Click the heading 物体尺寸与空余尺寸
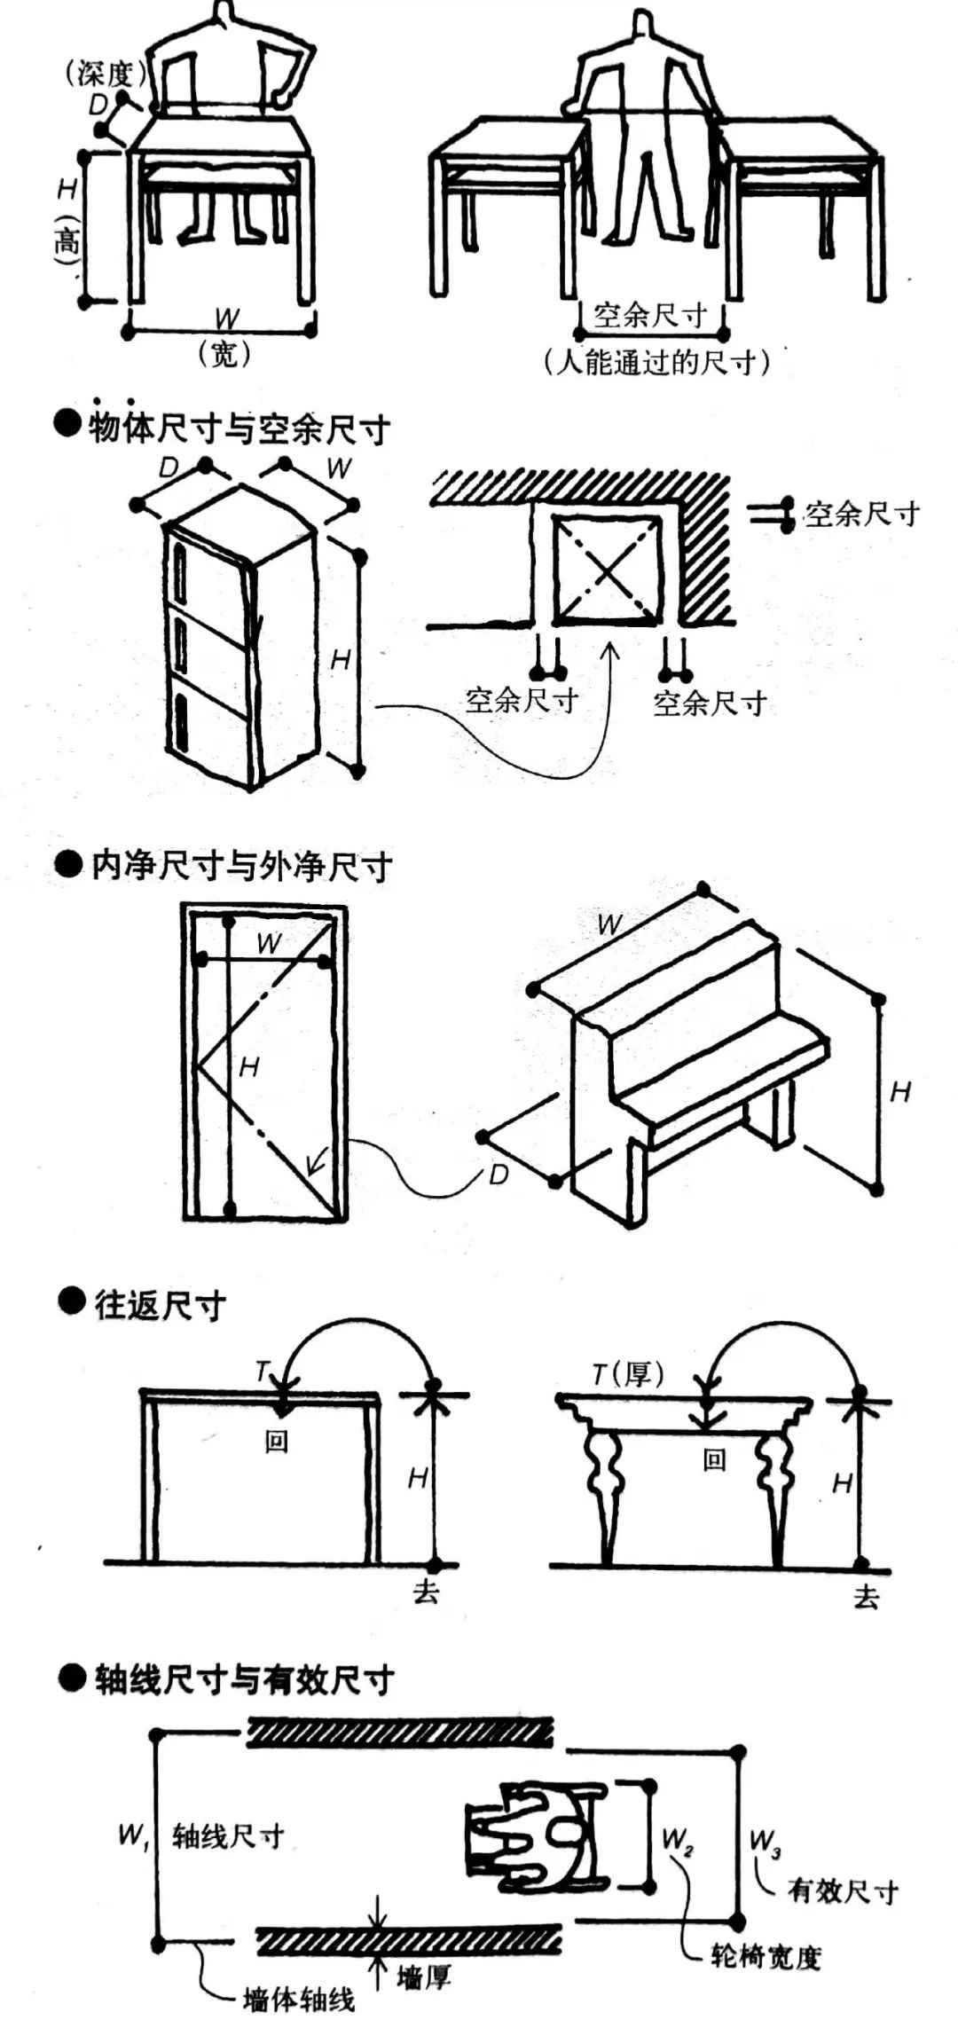238,428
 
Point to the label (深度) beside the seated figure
105,73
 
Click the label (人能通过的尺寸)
656,362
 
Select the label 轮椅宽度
766,1956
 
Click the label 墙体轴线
298,2000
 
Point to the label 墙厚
424,1977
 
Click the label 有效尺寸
843,1891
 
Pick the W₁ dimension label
133,1835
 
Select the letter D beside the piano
499,1175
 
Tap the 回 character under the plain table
277,1442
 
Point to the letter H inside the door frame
249,1066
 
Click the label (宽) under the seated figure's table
224,354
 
